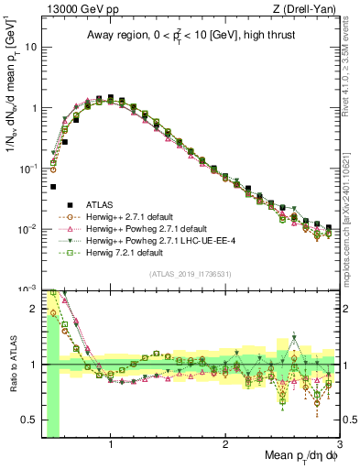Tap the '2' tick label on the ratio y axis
pyautogui.click(x=36, y=309)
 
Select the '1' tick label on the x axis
pyautogui.click(x=111, y=445)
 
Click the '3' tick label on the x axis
pyautogui.click(x=339, y=445)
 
